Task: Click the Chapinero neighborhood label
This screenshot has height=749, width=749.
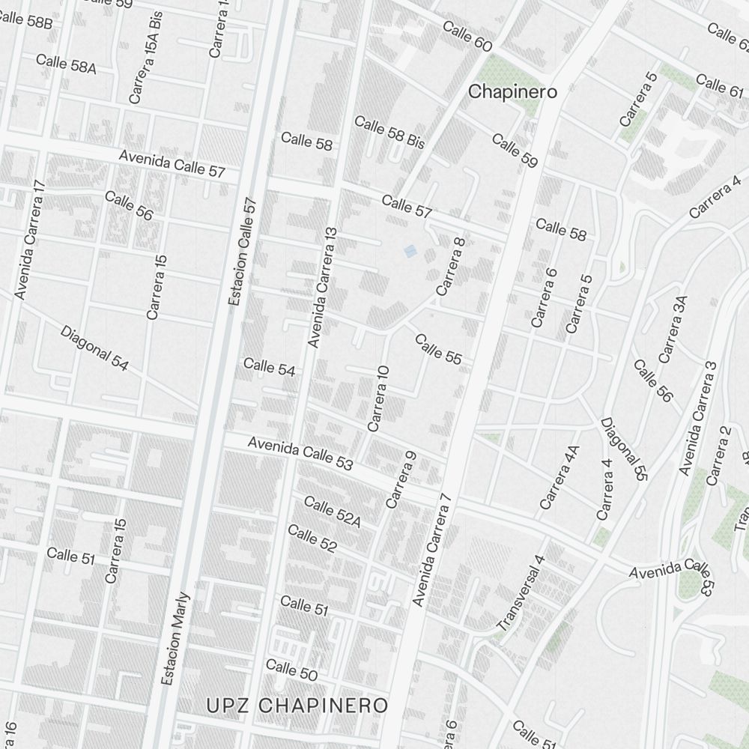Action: [x=513, y=92]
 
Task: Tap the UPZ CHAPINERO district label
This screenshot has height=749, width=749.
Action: [x=298, y=706]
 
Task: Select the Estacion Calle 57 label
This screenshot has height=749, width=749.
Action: [x=241, y=252]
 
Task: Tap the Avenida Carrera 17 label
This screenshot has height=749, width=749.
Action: [x=31, y=240]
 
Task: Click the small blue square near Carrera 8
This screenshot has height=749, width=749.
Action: [x=410, y=252]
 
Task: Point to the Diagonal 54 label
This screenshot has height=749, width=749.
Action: [x=94, y=349]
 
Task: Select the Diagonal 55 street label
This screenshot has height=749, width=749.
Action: [x=622, y=449]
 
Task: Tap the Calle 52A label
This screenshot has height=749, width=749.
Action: [x=333, y=512]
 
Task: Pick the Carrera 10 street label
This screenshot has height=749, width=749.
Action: [x=379, y=398]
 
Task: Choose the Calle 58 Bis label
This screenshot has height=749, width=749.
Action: [x=389, y=131]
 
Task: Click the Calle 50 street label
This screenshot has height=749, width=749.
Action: [x=291, y=670]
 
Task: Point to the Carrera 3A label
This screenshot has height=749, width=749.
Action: [x=673, y=329]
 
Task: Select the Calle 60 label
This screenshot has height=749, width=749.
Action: [x=467, y=37]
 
